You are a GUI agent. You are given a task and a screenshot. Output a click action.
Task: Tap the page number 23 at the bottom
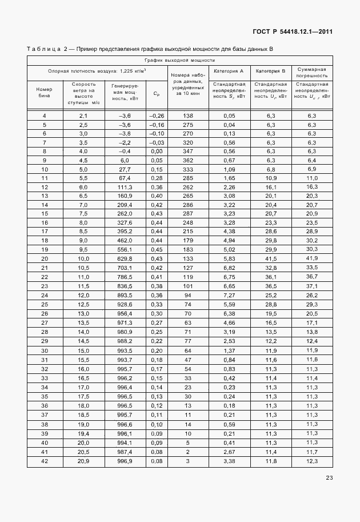tap(329, 478)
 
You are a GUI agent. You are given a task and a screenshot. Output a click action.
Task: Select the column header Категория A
tap(229, 71)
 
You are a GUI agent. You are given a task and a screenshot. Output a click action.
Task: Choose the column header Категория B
tap(270, 71)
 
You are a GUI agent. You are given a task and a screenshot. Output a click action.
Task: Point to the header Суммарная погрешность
tap(312, 71)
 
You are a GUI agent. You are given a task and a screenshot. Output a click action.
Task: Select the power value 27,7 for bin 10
tap(125, 170)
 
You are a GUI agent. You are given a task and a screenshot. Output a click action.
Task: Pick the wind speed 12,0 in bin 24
tap(83, 294)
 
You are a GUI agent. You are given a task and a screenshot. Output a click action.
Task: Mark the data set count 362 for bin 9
tap(188, 161)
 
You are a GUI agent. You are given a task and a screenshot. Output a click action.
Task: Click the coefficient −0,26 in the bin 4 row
tap(156, 116)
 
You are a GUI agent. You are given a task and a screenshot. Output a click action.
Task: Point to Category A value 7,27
tap(229, 294)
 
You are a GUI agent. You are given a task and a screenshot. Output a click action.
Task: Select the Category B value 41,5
tap(271, 259)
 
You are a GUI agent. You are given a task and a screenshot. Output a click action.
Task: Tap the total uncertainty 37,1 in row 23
tap(312, 286)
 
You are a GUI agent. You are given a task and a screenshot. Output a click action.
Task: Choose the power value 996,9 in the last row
tap(125, 461)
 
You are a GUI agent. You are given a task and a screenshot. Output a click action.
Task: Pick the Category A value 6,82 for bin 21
tap(229, 268)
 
